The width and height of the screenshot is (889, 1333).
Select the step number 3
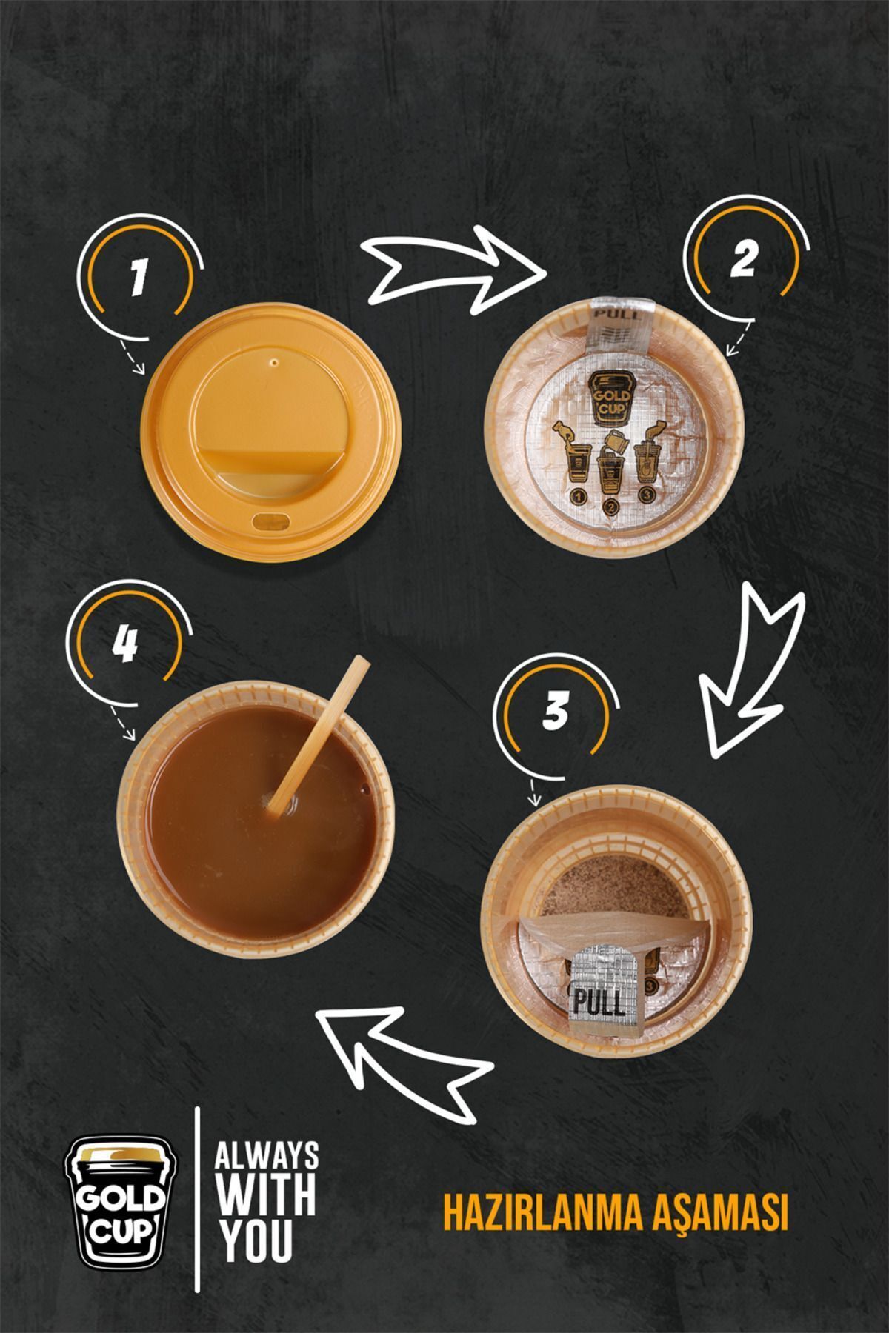tap(554, 710)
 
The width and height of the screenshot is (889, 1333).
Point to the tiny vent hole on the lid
tap(275, 364)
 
